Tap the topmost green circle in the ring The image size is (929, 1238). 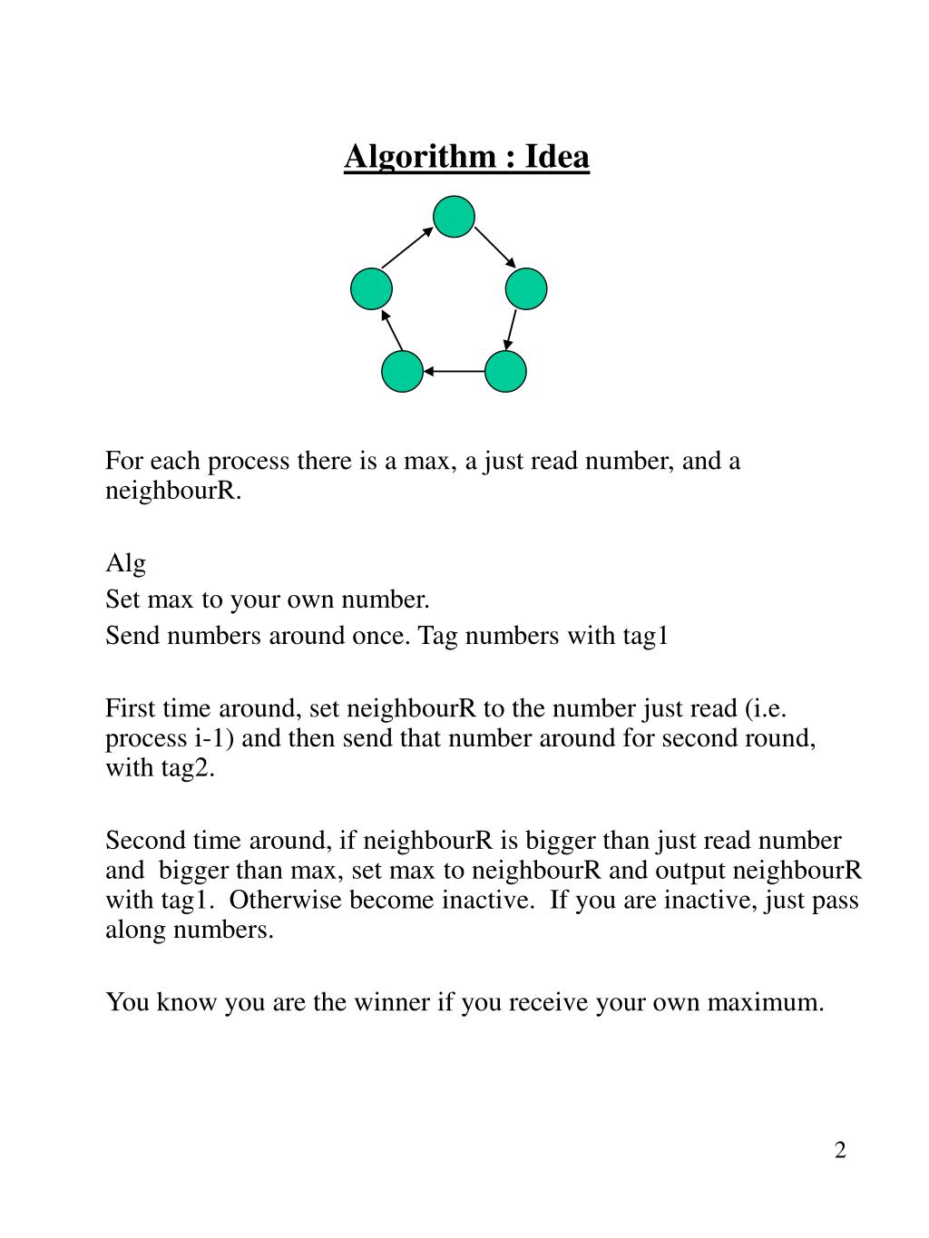click(454, 217)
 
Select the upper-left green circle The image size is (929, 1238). click(371, 289)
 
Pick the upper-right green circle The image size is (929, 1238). click(526, 289)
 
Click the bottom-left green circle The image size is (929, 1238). click(402, 371)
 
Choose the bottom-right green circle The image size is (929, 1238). click(505, 371)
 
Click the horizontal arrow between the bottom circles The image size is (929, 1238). click(454, 371)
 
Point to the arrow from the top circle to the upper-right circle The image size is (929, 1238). click(494, 247)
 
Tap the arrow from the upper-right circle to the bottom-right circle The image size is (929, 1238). click(511, 330)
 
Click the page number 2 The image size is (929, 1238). click(840, 1151)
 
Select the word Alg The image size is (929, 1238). click(125, 563)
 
